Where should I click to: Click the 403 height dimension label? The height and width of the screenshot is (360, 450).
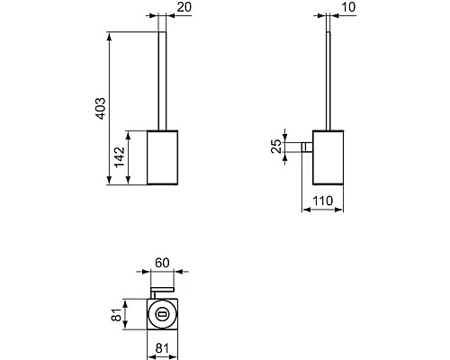[x=101, y=110]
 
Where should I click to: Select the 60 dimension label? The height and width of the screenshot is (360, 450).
[x=164, y=262]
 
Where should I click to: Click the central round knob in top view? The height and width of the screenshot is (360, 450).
[x=164, y=314]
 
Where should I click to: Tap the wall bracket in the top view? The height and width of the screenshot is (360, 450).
[x=164, y=289]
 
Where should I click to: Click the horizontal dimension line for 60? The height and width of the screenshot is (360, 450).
[x=164, y=272]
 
